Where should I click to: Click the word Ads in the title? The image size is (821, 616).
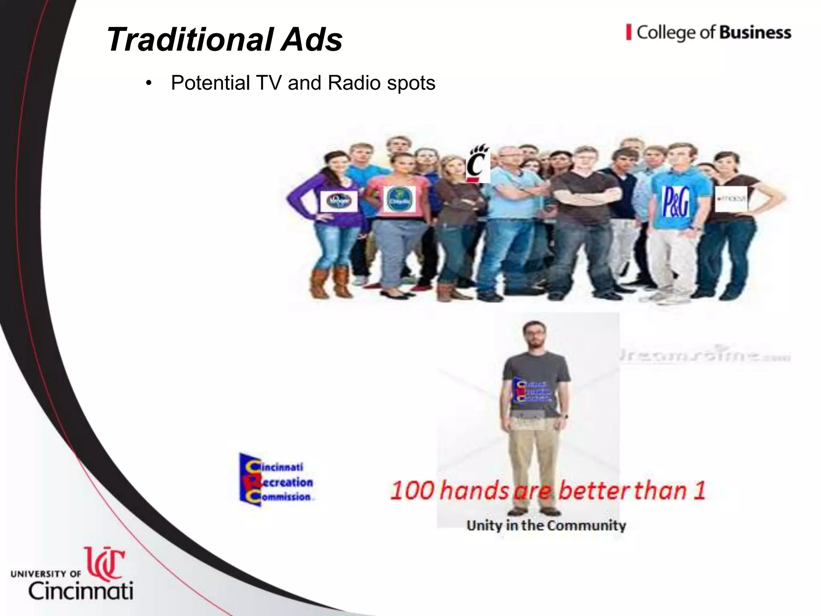(x=311, y=39)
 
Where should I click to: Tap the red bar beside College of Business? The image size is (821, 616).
(x=629, y=32)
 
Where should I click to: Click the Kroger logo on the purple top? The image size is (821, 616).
(x=339, y=201)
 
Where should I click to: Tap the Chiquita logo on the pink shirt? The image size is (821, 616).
(x=399, y=200)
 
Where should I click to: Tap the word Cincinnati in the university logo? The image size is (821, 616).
(x=80, y=591)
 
